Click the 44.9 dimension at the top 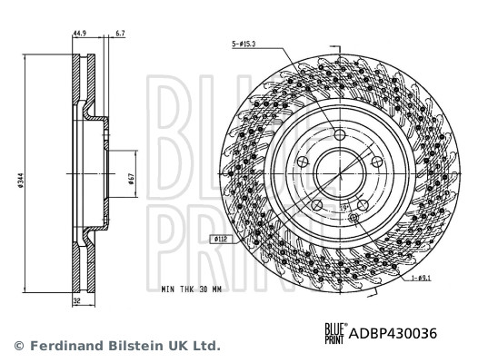click(x=80, y=35)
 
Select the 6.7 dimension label click(x=122, y=35)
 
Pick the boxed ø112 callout click(x=221, y=240)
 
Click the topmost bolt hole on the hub click(x=340, y=135)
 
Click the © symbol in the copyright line click(x=16, y=346)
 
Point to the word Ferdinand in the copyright click(x=56, y=346)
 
